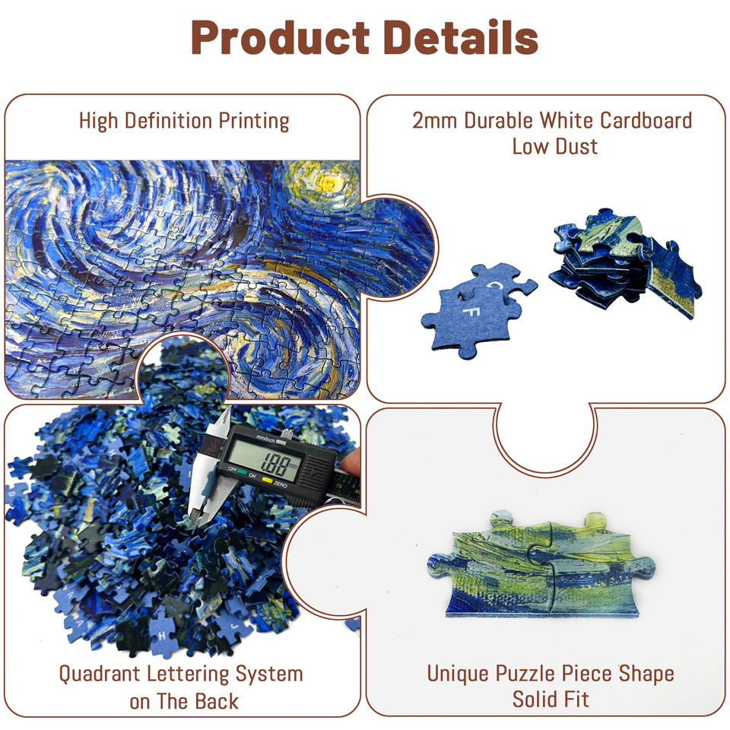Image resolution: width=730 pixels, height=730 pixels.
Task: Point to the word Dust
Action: click(x=577, y=145)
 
